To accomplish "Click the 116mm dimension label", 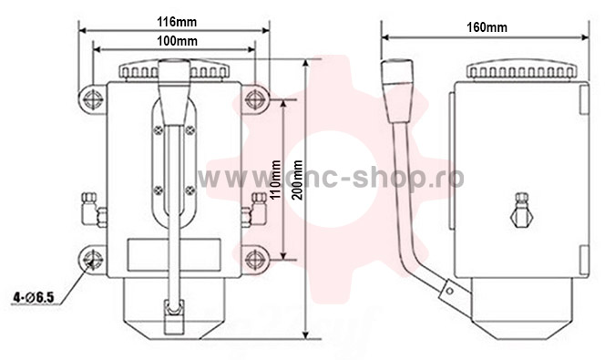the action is pyautogui.click(x=177, y=22).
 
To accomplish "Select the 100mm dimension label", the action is pyautogui.click(x=178, y=41).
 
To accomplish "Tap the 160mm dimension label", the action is pyautogui.click(x=487, y=27).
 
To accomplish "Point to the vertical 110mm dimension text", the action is pyautogui.click(x=277, y=179).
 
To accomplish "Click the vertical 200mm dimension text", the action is pyautogui.click(x=298, y=180).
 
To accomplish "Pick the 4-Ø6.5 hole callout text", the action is pyautogui.click(x=34, y=298).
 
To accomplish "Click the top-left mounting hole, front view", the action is pyautogui.click(x=93, y=98).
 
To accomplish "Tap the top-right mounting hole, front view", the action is pyautogui.click(x=255, y=98).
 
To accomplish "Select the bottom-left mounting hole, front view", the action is pyautogui.click(x=93, y=259).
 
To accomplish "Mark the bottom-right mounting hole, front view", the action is pyautogui.click(x=255, y=259).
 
